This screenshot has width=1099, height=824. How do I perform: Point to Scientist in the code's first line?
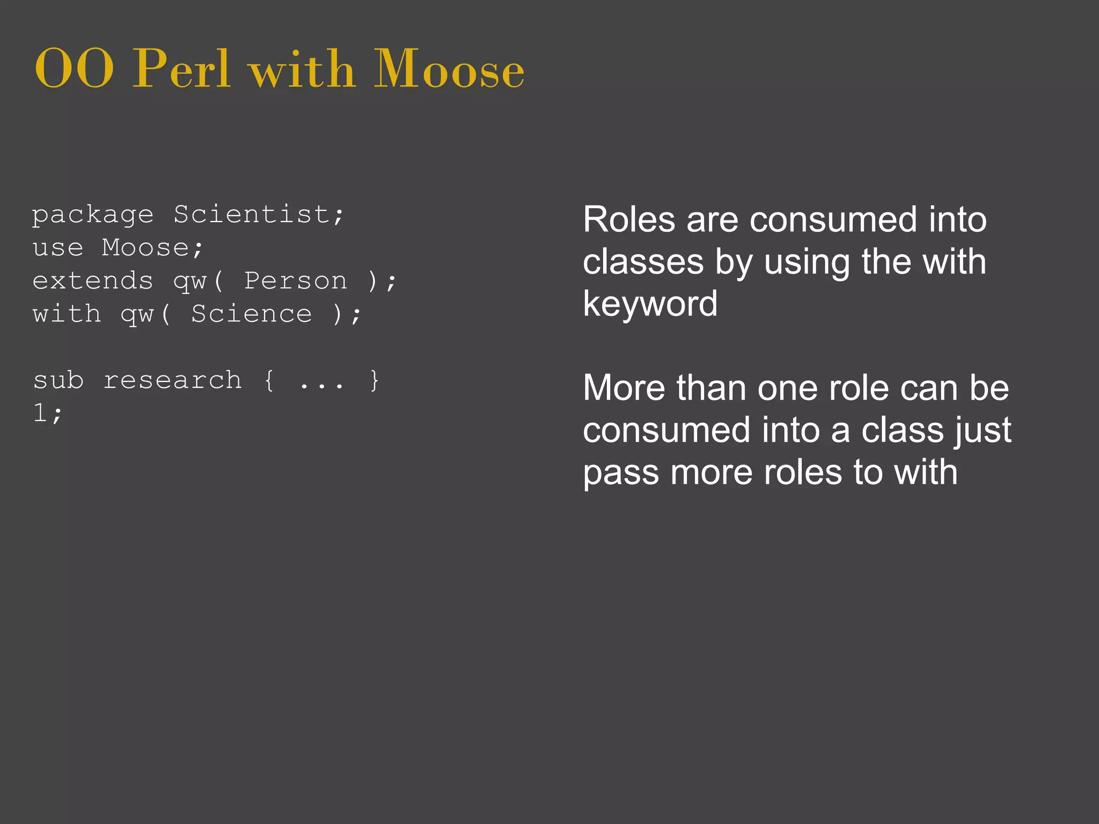[x=252, y=215]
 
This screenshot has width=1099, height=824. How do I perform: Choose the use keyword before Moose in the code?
[x=58, y=248]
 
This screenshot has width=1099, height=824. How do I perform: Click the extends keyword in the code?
[x=93, y=281]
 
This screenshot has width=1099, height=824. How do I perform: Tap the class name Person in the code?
[x=296, y=281]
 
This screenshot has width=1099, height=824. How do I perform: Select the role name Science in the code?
[x=251, y=314]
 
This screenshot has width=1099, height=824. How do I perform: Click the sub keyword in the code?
[x=58, y=381]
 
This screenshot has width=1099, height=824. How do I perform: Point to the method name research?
[x=172, y=381]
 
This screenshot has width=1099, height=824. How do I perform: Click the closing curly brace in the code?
[x=375, y=381]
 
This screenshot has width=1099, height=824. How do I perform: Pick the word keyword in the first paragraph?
[x=650, y=304]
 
